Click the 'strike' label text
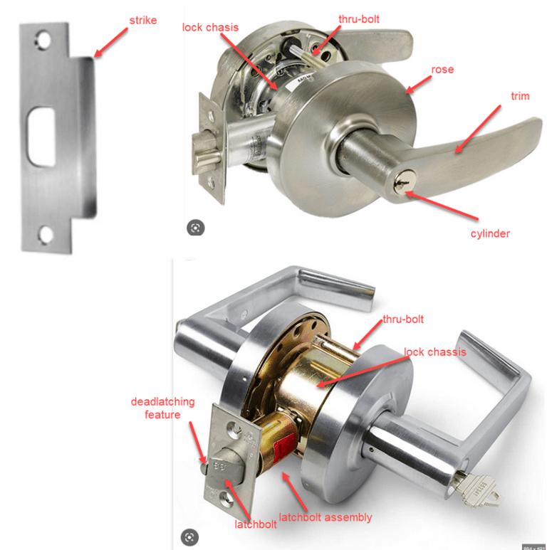143,20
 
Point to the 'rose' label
442,70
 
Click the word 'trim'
521,96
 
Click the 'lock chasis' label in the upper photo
210,27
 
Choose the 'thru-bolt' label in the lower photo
403,319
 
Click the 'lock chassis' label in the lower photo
434,352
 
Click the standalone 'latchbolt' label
256,524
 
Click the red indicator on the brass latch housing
283,450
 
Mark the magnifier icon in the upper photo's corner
194,228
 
